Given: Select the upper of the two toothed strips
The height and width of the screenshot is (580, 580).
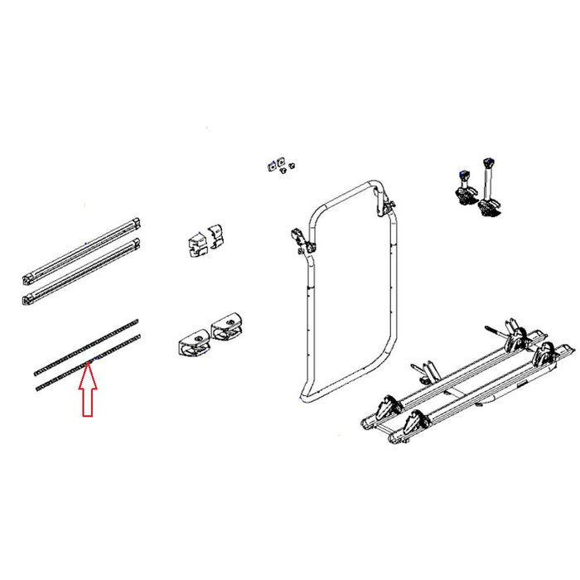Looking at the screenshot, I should pos(87,342).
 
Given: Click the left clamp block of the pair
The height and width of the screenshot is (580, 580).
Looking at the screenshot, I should pos(193,342).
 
